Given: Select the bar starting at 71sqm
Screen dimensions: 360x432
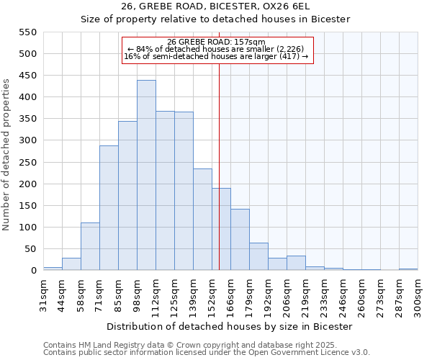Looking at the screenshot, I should click(x=109, y=208).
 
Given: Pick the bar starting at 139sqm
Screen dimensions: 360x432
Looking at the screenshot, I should click(x=202, y=220).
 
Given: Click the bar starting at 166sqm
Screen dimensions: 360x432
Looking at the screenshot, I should click(x=240, y=240).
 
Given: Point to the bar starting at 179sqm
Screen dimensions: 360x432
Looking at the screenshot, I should click(x=258, y=256).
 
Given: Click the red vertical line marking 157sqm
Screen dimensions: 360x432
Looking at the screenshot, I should click(x=220, y=180).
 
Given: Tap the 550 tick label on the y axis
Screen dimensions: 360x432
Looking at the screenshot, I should click(x=27, y=32).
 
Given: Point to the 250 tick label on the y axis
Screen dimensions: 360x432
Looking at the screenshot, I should click(x=27, y=163).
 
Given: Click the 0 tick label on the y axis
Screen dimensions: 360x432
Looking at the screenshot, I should click(x=33, y=271).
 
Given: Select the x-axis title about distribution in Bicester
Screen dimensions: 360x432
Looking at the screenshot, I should click(x=230, y=327).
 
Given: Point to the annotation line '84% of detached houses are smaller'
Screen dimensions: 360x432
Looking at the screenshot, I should click(x=217, y=49).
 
